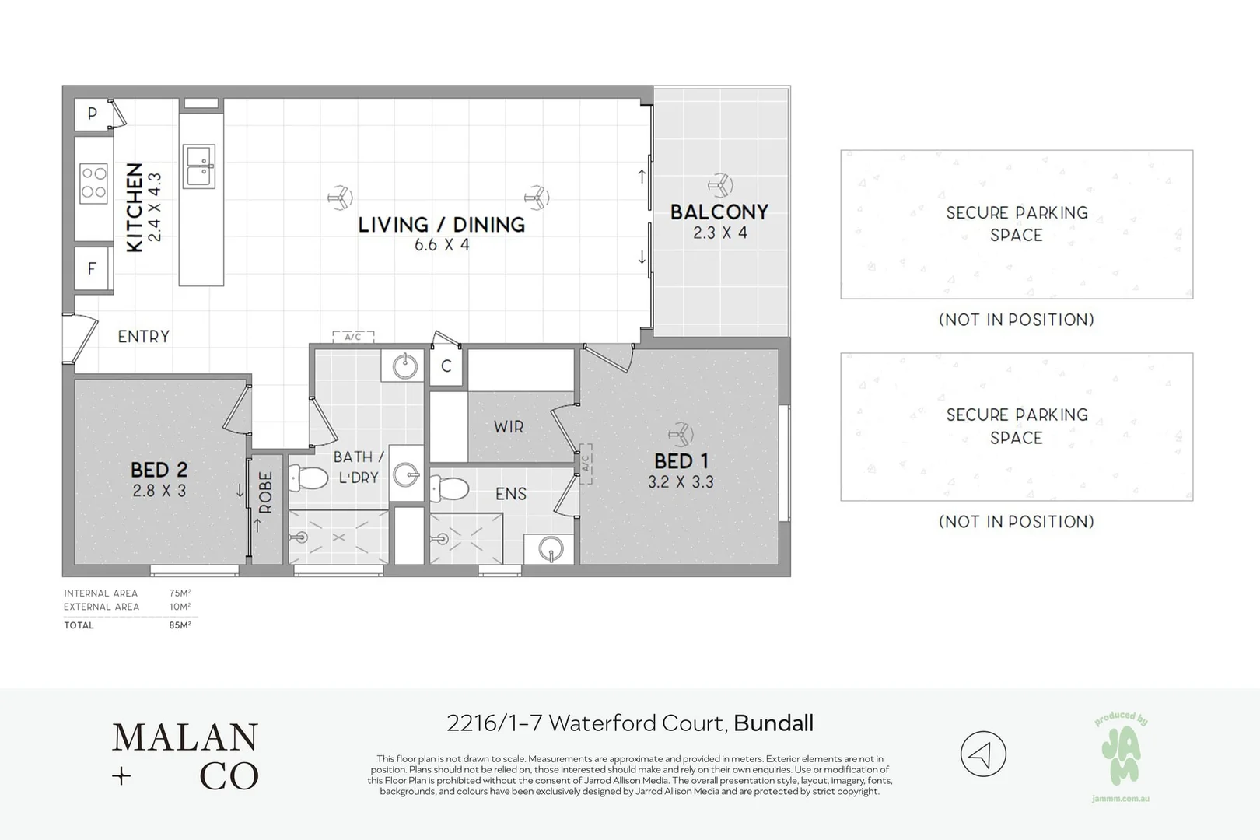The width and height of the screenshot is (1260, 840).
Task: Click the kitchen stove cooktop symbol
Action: tap(93, 183)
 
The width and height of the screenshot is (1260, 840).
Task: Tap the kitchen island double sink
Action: tap(198, 166)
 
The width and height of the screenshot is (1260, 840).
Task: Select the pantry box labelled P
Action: tap(93, 114)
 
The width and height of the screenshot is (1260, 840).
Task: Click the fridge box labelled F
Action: tap(93, 268)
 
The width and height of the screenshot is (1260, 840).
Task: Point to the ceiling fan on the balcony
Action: tap(720, 185)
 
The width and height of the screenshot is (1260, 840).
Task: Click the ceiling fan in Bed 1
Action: tap(681, 434)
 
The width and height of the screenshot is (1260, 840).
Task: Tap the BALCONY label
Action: tap(719, 212)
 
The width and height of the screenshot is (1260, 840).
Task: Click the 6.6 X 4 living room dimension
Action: tap(442, 245)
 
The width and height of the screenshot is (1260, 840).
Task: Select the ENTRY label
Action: tap(143, 337)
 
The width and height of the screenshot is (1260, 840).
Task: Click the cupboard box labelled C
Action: tap(446, 366)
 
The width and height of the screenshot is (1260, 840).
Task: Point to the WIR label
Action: tap(509, 426)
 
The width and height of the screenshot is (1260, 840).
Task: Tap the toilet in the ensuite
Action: tap(450, 488)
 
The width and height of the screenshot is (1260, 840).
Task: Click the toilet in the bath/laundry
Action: tap(308, 478)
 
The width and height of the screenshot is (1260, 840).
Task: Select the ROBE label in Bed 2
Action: tap(265, 492)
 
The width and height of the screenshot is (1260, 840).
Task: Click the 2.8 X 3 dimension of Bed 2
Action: tap(159, 491)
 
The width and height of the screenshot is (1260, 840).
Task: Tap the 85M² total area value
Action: tap(180, 625)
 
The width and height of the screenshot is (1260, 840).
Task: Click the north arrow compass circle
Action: tap(982, 754)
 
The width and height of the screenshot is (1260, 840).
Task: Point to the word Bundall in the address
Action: tap(773, 723)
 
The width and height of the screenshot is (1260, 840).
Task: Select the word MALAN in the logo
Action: tap(185, 737)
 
